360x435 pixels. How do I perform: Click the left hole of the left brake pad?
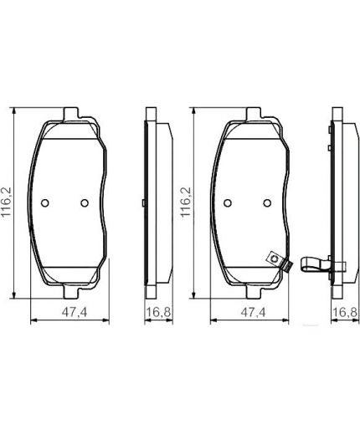(48, 202)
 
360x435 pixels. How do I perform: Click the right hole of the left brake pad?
(84, 202)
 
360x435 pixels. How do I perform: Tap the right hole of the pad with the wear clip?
(266, 202)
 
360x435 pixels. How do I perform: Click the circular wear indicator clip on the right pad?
(272, 259)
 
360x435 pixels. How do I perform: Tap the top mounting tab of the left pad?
(70, 112)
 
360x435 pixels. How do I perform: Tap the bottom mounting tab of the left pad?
(70, 292)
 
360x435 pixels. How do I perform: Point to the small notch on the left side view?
(145, 203)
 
